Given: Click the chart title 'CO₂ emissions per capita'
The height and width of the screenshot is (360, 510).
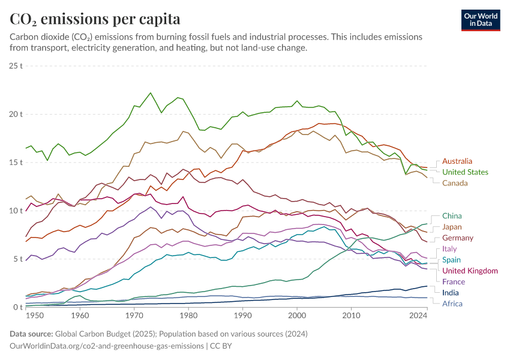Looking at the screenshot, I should click(x=95, y=19).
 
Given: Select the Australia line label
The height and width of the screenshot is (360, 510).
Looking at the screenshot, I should click(x=457, y=161).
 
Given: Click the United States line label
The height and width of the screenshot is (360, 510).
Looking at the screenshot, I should click(x=465, y=172).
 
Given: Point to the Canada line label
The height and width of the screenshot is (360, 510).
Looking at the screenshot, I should click(x=455, y=182).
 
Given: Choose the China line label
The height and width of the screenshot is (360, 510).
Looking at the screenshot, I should click(x=452, y=215).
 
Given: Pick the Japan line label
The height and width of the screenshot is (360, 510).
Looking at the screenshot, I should click(x=452, y=227).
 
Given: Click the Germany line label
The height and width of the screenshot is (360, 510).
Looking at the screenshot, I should click(x=458, y=238).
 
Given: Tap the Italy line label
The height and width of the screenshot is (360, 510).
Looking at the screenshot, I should click(x=449, y=248).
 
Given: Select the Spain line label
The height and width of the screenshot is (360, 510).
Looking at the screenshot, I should click(x=452, y=260).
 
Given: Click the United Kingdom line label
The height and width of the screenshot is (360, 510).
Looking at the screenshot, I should click(x=470, y=271).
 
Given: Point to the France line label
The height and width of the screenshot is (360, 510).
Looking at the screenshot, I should click(x=454, y=281).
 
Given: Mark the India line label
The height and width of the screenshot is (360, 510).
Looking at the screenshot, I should click(x=451, y=292).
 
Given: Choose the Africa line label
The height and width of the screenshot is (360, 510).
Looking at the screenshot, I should click(x=452, y=304).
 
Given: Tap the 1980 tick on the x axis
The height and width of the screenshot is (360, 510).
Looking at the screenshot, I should click(x=189, y=315).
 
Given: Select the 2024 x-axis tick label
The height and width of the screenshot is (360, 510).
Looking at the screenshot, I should click(x=418, y=315).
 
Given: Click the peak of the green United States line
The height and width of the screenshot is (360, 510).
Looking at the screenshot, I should click(x=150, y=93).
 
